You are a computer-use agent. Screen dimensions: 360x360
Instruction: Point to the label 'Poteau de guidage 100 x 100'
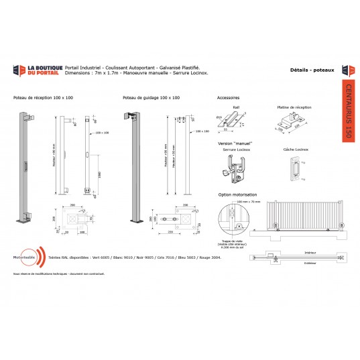pos(152,98)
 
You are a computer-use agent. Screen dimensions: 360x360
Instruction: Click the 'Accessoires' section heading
pos(229,98)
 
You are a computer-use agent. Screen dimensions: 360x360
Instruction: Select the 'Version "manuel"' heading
pos(233,143)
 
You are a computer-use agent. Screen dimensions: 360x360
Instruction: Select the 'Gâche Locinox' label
pos(294,150)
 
